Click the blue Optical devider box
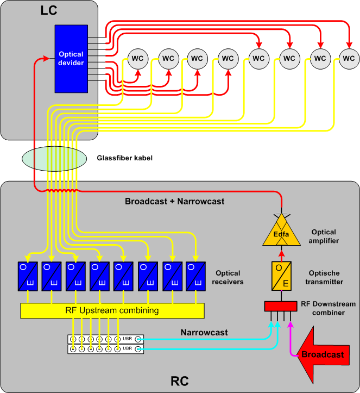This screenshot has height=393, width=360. coord(71,59)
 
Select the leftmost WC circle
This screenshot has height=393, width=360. coord(137,58)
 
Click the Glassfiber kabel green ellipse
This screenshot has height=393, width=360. coord(54,158)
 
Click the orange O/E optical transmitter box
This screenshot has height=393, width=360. coord(282,275)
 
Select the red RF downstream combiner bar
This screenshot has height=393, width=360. coord(280,306)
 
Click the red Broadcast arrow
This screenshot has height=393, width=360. coord(320,354)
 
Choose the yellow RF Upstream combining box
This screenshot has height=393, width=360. coord(112,311)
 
